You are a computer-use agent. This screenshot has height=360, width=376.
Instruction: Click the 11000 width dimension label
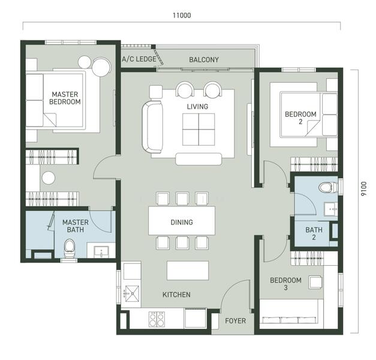(x=182, y=16)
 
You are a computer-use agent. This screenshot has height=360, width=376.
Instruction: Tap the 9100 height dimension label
(x=364, y=188)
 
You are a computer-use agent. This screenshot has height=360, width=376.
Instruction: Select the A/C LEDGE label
(x=139, y=59)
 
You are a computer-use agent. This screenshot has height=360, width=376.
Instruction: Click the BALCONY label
(x=204, y=60)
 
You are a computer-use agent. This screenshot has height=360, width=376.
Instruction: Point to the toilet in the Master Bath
(x=70, y=248)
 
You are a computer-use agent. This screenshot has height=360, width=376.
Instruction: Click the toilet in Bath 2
(x=328, y=187)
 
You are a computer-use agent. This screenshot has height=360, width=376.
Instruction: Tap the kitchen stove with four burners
(x=157, y=319)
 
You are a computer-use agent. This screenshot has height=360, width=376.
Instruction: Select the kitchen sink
(x=131, y=293)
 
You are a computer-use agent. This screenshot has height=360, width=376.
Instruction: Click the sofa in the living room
(x=152, y=127)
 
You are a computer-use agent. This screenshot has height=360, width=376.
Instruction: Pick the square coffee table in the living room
(x=198, y=130)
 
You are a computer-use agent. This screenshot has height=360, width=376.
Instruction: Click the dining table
(x=182, y=221)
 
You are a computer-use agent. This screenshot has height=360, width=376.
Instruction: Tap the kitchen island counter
(x=188, y=271)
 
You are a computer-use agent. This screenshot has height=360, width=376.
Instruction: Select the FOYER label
(x=236, y=321)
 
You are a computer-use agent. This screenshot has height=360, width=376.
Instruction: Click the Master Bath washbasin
(x=102, y=251)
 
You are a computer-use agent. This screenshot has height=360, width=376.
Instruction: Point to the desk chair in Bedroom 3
(x=315, y=282)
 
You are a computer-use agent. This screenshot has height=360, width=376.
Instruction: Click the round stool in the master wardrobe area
(x=49, y=178)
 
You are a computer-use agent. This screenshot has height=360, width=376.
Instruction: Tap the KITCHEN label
(x=176, y=295)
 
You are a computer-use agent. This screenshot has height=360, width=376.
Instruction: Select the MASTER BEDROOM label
(x=65, y=98)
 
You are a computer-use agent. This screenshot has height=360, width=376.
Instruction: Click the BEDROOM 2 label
(x=300, y=118)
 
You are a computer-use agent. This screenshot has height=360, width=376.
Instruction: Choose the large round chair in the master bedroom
(x=101, y=67)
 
